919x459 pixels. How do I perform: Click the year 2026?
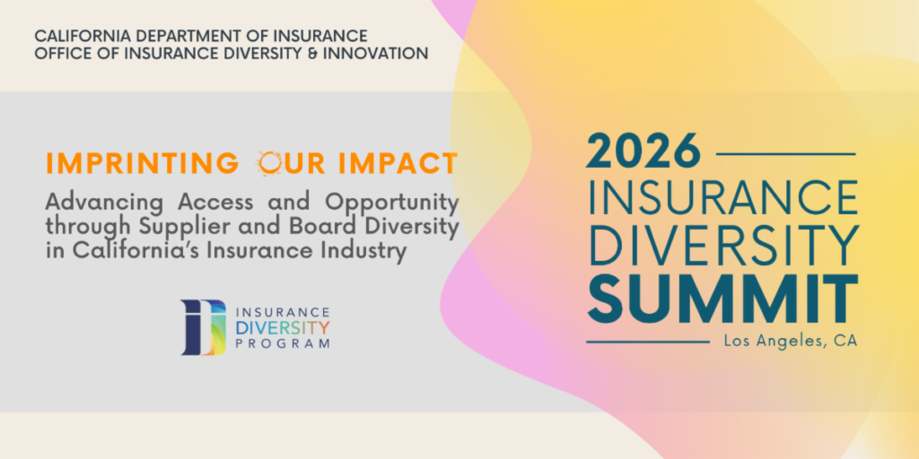coord(643,152)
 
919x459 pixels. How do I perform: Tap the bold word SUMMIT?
coord(722,299)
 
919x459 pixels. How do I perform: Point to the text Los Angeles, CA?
coord(791,342)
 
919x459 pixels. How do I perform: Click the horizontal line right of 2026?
coord(786,154)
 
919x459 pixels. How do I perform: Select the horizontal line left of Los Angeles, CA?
coord(648,342)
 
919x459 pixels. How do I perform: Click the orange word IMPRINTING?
coord(143,164)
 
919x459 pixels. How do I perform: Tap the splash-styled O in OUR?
coord(270,164)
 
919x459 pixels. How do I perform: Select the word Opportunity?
coord(392,204)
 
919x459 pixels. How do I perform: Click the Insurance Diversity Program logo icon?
coord(203,328)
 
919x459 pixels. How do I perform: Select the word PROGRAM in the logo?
coord(283,343)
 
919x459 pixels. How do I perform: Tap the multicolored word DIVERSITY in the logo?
coord(283,327)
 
